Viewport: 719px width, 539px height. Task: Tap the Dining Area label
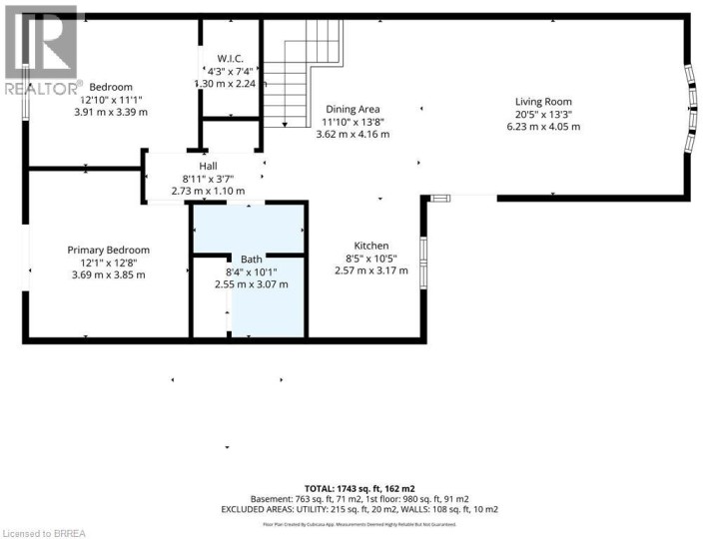tap(353, 109)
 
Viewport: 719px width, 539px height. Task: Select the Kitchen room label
tap(371, 246)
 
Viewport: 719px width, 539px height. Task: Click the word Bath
tap(251, 260)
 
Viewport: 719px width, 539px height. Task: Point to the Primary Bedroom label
tap(108, 250)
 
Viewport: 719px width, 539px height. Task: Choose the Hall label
tap(208, 166)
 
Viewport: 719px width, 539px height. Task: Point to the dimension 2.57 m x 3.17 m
tap(371, 270)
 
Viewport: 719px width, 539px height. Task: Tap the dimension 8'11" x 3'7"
tap(208, 178)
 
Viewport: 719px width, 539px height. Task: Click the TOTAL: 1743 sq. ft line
tap(359, 486)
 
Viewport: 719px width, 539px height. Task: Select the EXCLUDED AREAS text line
tap(359, 509)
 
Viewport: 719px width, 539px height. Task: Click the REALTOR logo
tap(40, 50)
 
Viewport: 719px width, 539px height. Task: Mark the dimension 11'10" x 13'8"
tap(353, 122)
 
